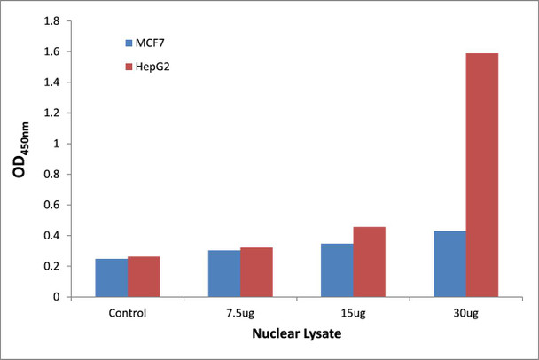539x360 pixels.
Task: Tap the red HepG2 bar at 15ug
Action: [x=370, y=262]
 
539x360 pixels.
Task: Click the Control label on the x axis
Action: [x=127, y=313]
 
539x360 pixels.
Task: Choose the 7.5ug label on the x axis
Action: [x=240, y=313]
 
